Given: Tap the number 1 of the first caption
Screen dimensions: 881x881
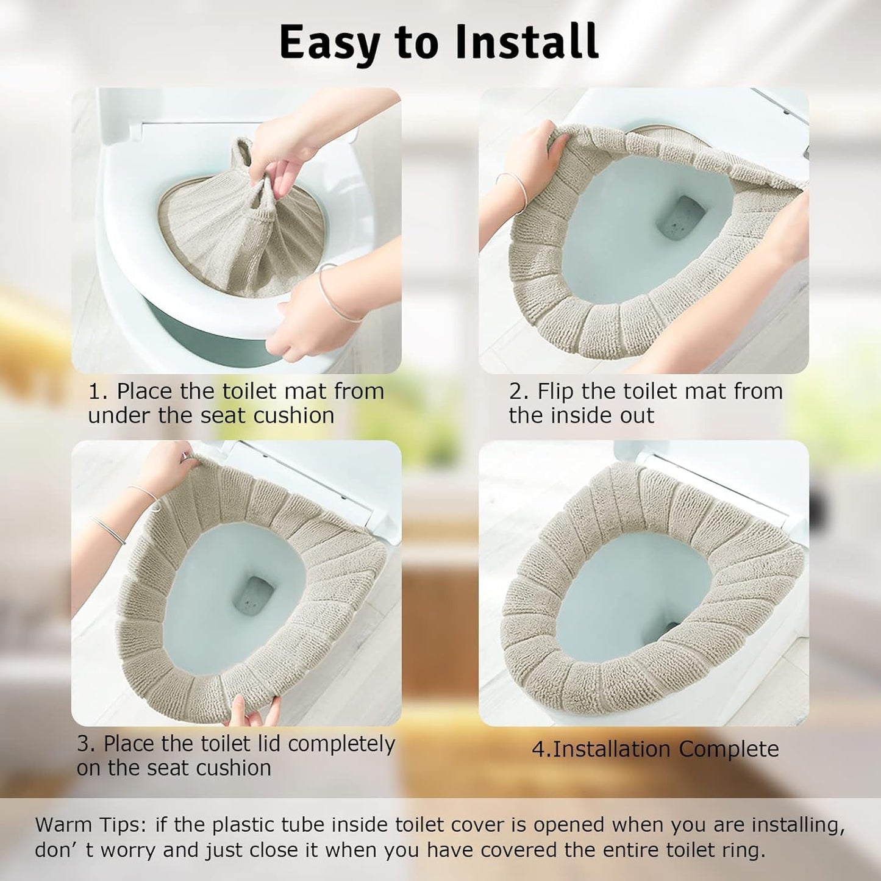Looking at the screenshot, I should tap(94, 391).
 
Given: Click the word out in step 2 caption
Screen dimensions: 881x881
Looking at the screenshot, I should tap(637, 416).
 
